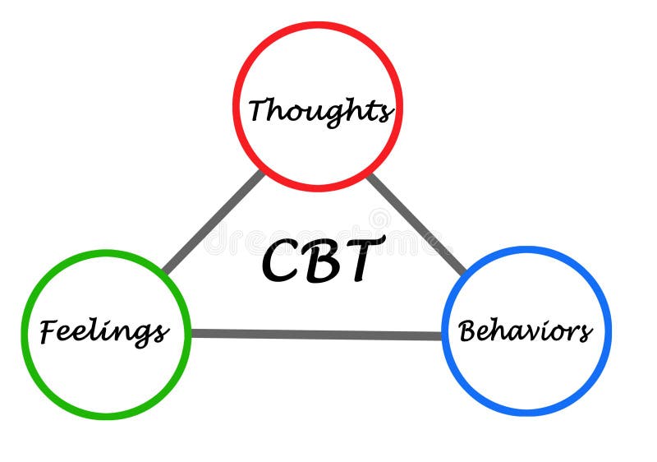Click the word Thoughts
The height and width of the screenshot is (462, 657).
pyautogui.click(x=319, y=110)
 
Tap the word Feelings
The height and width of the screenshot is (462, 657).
pyautogui.click(x=104, y=331)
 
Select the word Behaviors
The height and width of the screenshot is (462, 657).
pyautogui.click(x=526, y=331)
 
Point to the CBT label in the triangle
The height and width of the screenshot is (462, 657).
pyautogui.click(x=323, y=259)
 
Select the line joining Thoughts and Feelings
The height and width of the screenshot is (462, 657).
pyautogui.click(x=214, y=220)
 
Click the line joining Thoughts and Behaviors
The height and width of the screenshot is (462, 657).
pyautogui.click(x=417, y=224)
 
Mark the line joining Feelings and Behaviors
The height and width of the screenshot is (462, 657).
pyautogui.click(x=316, y=335)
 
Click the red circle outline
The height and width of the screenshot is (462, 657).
pyautogui.click(x=319, y=25)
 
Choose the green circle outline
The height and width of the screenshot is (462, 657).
pyautogui.click(x=106, y=253)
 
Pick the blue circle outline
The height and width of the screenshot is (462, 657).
pyautogui.click(x=526, y=250)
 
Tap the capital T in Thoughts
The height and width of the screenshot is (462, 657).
pyautogui.click(x=260, y=109)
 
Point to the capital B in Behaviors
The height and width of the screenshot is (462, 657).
pyautogui.click(x=468, y=330)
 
